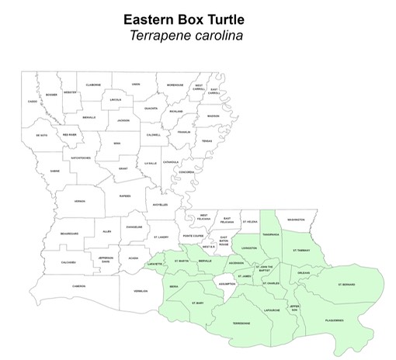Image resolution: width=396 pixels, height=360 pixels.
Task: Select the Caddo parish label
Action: pos(32,102)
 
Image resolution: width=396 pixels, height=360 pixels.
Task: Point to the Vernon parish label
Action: pos(79,201)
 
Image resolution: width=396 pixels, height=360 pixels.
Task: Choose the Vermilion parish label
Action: pos(141,291)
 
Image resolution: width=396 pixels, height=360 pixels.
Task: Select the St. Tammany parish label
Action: pos(302,251)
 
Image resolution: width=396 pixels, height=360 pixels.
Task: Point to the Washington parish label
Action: pos(295,220)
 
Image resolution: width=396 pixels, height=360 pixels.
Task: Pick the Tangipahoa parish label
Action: pos(271,234)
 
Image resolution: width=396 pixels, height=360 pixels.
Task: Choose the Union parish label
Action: pos(136,84)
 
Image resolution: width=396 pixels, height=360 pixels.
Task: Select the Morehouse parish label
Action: pos(175,85)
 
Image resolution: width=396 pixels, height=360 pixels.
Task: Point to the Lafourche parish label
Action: pos(272,310)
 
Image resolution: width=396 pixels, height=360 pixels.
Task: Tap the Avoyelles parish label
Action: pos(160,204)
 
